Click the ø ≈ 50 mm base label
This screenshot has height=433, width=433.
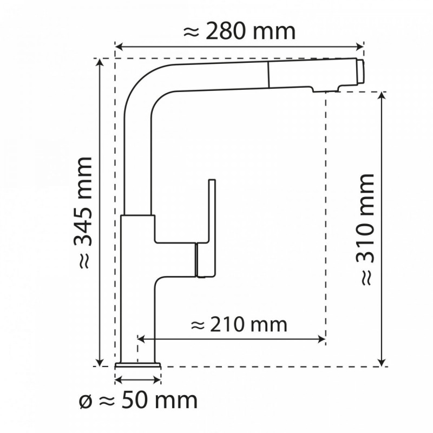coord(137,401)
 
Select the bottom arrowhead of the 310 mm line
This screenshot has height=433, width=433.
coord(383,362)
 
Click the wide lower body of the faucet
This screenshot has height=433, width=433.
coord(138,287)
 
